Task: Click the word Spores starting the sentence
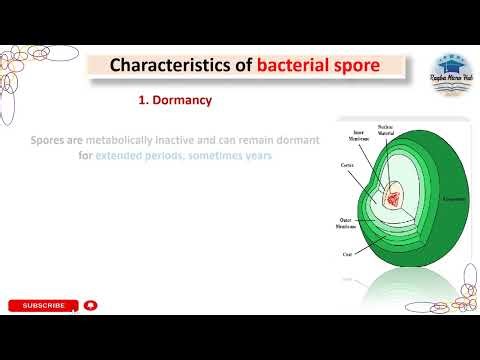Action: tap(51, 142)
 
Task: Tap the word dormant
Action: tap(298, 142)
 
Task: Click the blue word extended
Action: tap(126, 156)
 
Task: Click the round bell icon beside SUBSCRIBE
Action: tap(91, 305)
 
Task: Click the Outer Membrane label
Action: tap(347, 221)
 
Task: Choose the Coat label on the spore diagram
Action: tap(344, 252)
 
